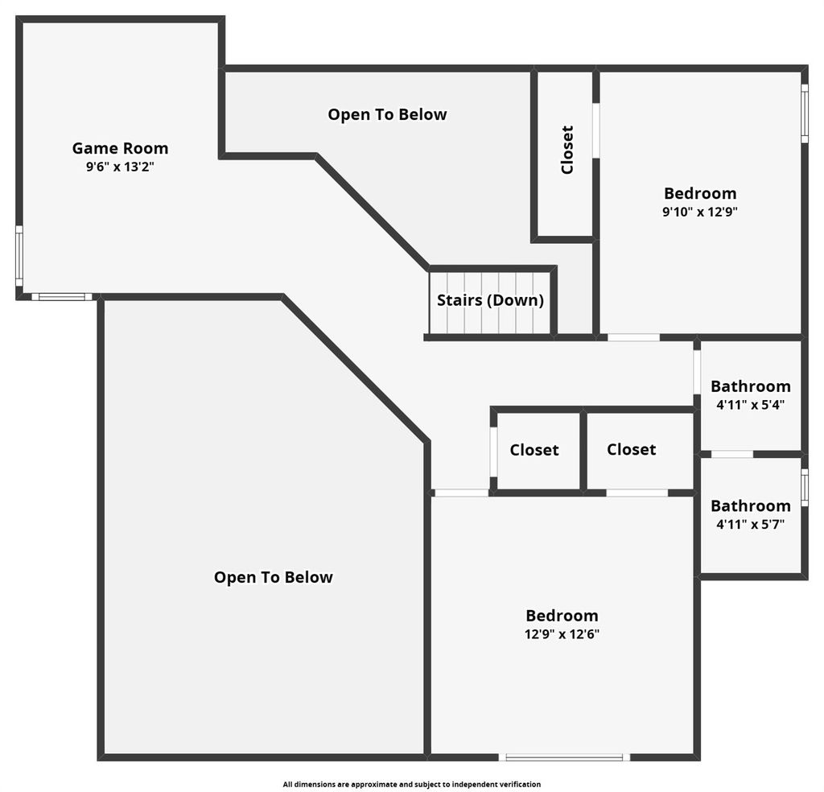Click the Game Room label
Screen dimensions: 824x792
coord(121,148)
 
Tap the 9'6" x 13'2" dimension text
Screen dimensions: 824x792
coord(121,167)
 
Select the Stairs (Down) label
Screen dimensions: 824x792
coord(490,300)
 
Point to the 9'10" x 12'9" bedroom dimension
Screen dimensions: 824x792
coord(700,212)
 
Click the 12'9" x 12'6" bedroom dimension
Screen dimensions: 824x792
coord(562,634)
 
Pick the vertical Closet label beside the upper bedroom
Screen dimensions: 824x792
coord(567,150)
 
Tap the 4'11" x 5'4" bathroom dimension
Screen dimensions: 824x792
coord(751,405)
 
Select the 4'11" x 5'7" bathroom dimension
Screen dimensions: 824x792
coord(751,525)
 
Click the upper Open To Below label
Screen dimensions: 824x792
coord(387,114)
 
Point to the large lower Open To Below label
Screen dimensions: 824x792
coord(274,578)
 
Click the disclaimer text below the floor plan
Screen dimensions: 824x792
coord(411,784)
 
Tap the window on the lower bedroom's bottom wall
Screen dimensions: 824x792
coord(564,757)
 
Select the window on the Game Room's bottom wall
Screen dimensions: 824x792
coord(62,297)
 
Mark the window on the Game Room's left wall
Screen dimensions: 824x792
coord(19,256)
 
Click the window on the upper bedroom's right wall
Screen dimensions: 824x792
coord(805,113)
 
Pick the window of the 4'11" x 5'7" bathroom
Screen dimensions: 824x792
coord(805,488)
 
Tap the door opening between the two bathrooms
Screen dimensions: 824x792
coord(732,454)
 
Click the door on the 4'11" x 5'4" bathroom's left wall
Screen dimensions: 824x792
coord(697,372)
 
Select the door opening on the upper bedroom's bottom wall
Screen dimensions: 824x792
coord(634,337)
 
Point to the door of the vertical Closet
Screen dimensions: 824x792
coord(596,130)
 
